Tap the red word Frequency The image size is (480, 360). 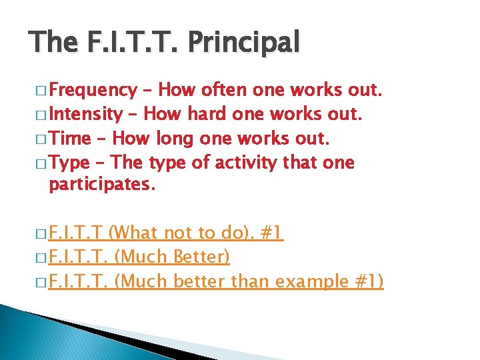point(93,90)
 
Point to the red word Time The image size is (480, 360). point(70,139)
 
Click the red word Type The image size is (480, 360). point(70,163)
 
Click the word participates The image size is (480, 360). point(102,185)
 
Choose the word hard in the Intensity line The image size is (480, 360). point(207,114)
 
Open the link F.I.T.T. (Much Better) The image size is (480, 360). point(139,257)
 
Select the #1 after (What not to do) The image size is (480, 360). point(271,233)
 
